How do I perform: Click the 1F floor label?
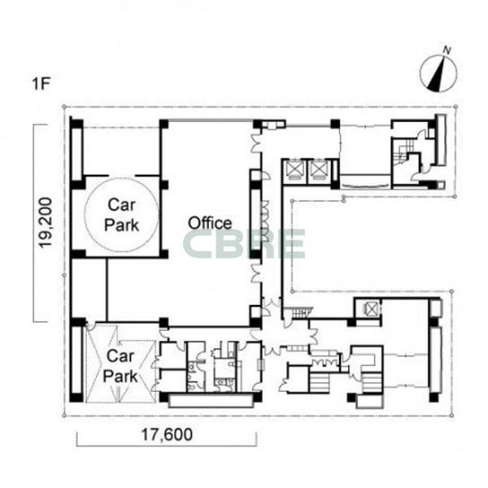pos(41,83)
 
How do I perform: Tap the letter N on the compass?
pos(447,51)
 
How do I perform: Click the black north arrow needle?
pos(437,74)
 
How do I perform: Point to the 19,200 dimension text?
pos(46,222)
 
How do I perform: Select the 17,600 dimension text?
pos(167,434)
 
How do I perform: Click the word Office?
pos(210,223)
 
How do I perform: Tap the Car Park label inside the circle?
pos(121,215)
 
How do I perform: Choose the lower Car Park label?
pos(120,366)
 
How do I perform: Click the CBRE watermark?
pos(244,244)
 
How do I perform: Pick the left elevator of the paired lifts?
pos(294,170)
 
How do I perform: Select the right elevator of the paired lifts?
pos(318,170)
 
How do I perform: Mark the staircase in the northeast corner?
pos(402,152)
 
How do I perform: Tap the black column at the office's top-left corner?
pos(163,124)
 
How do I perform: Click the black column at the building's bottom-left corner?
pos(76,397)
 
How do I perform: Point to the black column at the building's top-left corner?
pos(76,122)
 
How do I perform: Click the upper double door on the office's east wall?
pos(257,143)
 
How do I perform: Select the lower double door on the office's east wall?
pos(257,274)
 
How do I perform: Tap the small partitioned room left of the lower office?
pos(90,290)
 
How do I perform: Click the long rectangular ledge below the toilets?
pos(210,401)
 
